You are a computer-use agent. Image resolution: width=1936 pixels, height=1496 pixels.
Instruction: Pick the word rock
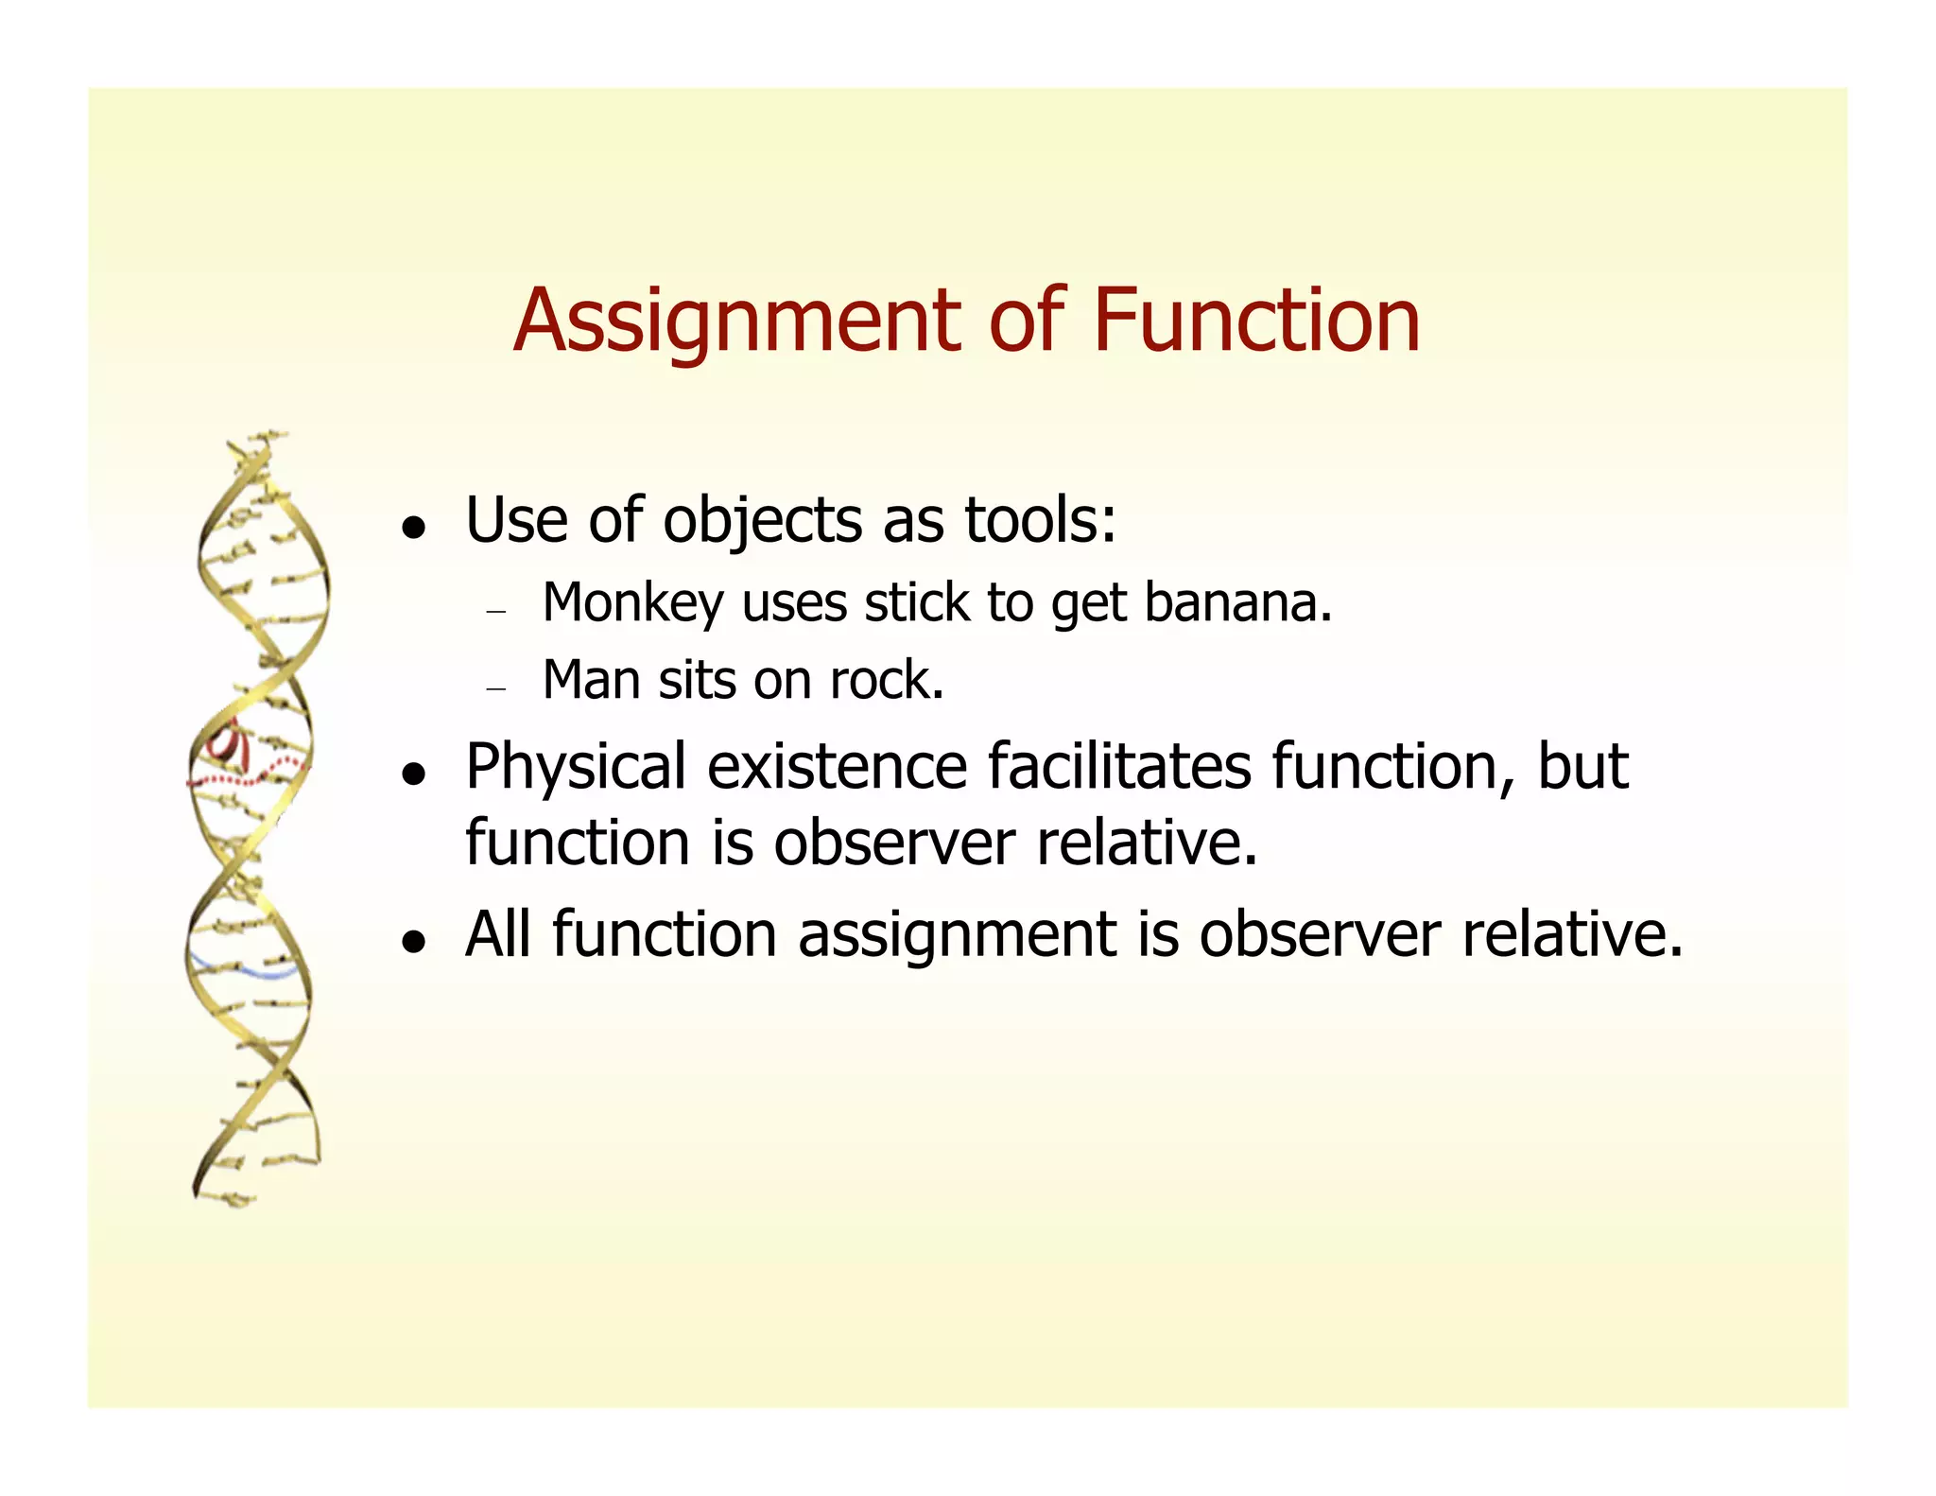[886, 680]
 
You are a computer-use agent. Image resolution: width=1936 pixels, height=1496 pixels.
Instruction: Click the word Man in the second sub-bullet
[591, 680]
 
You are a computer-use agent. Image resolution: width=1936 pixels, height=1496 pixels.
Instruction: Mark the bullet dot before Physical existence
[411, 774]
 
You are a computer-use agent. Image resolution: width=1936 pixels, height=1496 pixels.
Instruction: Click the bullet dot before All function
[411, 942]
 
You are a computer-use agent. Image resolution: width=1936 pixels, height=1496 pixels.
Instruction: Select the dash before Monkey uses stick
[496, 612]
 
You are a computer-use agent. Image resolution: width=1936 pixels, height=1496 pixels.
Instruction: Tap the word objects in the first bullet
[762, 522]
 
